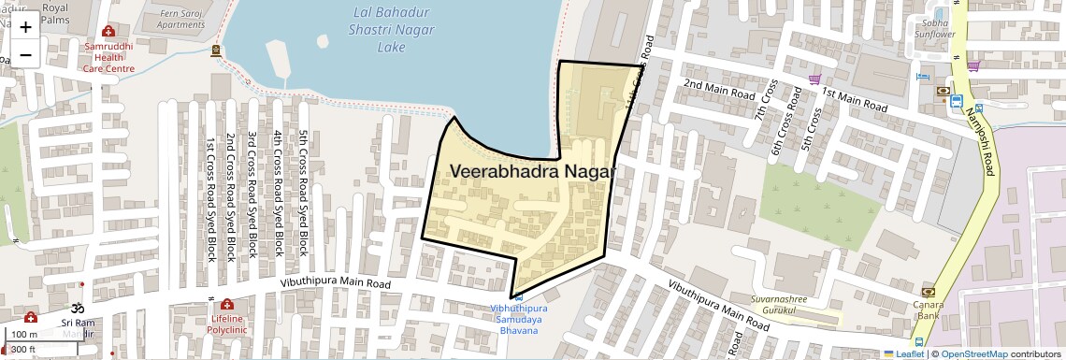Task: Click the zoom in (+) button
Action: pyautogui.click(x=25, y=26)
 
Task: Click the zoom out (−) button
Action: pyautogui.click(x=25, y=54)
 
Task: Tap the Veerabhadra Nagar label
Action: pyautogui.click(x=533, y=172)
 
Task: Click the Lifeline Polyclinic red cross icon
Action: pyautogui.click(x=226, y=305)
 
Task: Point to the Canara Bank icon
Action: pyautogui.click(x=928, y=292)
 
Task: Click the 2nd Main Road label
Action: pyautogui.click(x=718, y=90)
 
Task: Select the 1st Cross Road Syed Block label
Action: pyautogui.click(x=210, y=198)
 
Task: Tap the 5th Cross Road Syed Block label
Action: pyautogui.click(x=303, y=193)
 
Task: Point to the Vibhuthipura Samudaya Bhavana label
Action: pyautogui.click(x=517, y=319)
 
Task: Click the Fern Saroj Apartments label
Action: pyautogui.click(x=180, y=19)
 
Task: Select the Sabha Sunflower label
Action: pyautogui.click(x=934, y=28)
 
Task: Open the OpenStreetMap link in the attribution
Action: pyautogui.click(x=973, y=354)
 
